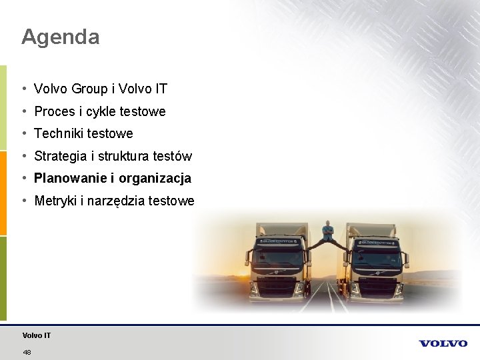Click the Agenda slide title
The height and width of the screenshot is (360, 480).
(x=61, y=37)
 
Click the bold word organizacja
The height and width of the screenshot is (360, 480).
(x=155, y=179)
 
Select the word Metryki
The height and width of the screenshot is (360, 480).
(x=55, y=201)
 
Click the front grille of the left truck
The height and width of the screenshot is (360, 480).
(x=275, y=283)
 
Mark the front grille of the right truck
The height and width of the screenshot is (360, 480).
(x=378, y=283)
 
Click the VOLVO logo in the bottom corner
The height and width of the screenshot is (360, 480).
(x=443, y=343)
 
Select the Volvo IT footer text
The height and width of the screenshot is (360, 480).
(x=37, y=335)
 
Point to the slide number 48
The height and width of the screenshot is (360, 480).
(x=27, y=352)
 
